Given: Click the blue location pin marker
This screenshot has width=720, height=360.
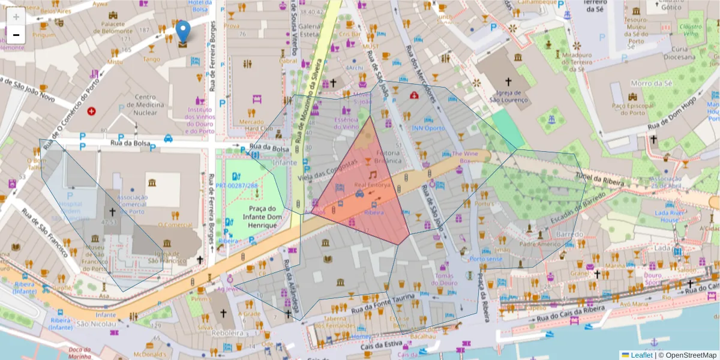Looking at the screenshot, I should pyautogui.click(x=183, y=31).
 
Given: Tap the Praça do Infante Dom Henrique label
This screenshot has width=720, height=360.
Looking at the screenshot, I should pyautogui.click(x=260, y=217).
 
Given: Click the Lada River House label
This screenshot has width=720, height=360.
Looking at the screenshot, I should pyautogui.click(x=670, y=216).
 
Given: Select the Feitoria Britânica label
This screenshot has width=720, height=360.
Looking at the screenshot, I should pyautogui.click(x=388, y=157).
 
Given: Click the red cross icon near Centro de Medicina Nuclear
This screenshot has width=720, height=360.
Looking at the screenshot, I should pyautogui.click(x=91, y=111).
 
